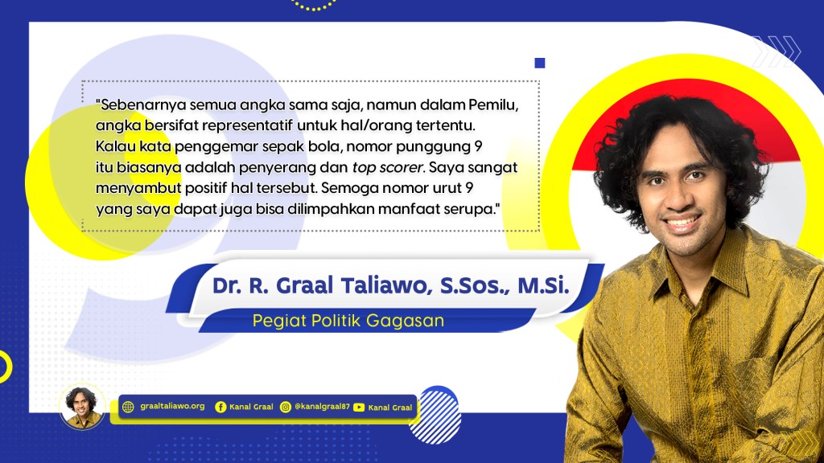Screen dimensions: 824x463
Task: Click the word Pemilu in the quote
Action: [x=493, y=104]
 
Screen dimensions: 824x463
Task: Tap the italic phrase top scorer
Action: [x=387, y=167]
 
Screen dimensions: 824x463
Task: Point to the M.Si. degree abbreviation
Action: [x=543, y=285]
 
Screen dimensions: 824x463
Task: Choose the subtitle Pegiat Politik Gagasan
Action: [x=348, y=320]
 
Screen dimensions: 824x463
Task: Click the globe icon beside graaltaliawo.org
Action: [x=128, y=407]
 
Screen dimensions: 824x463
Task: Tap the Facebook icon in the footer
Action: [x=220, y=407]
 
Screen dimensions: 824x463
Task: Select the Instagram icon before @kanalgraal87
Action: [x=286, y=407]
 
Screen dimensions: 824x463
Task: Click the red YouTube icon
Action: [x=359, y=408]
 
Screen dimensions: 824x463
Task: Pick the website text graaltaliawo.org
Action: [x=172, y=406]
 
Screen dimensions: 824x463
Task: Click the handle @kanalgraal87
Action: [x=322, y=406]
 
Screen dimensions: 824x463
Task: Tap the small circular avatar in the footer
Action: [x=81, y=407]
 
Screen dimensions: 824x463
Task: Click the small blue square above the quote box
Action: [x=540, y=63]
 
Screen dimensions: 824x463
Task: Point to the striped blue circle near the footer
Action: [x=435, y=416]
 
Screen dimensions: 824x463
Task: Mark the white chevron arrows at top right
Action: [x=777, y=51]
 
